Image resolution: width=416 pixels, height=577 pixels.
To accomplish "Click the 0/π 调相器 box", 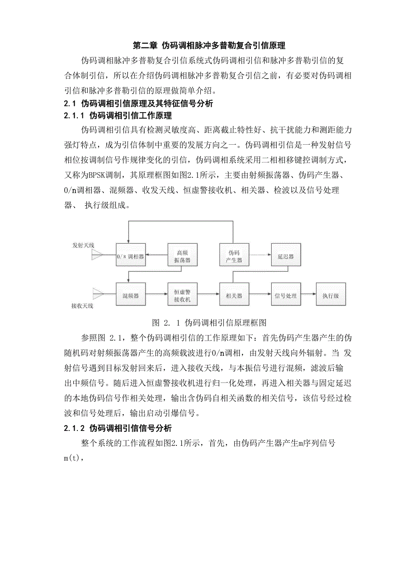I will click(x=130, y=256).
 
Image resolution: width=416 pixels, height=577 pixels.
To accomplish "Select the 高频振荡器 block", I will click(x=182, y=257).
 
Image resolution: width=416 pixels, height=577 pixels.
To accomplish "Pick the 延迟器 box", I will click(x=286, y=256).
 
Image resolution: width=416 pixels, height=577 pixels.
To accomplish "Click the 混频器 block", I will click(x=130, y=296).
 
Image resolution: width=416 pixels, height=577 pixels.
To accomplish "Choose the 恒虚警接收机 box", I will click(x=182, y=296).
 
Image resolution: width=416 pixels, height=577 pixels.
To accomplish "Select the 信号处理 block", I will click(x=286, y=296).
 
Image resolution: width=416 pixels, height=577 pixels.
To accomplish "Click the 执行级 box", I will click(x=331, y=296).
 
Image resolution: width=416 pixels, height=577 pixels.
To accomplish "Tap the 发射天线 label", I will click(x=83, y=245).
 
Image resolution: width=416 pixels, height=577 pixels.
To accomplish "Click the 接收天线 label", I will click(x=82, y=306).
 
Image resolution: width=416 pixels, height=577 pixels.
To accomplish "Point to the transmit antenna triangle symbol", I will click(x=97, y=256).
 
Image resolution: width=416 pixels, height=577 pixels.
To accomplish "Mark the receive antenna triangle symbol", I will click(x=97, y=292).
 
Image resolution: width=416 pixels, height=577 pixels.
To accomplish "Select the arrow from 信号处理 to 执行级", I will click(x=308, y=296).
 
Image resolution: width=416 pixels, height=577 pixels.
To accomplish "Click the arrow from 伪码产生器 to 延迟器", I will click(x=260, y=256).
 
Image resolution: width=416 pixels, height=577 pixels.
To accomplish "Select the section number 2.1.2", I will click(x=75, y=427).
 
